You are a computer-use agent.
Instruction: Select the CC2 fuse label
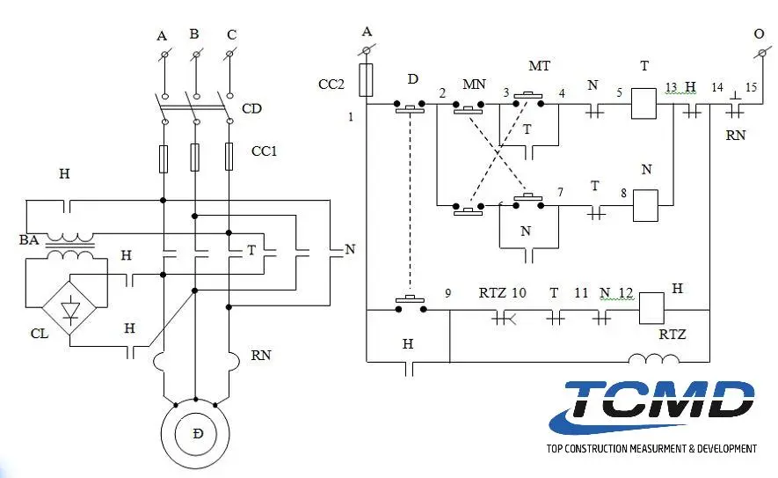(x=331, y=85)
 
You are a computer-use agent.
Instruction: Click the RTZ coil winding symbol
(x=654, y=359)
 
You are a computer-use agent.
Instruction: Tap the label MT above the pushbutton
(x=539, y=67)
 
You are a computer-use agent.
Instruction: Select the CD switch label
(x=251, y=110)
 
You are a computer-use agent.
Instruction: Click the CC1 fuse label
(x=264, y=151)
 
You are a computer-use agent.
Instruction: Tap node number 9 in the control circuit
(x=447, y=294)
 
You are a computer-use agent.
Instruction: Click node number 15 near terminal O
(x=750, y=87)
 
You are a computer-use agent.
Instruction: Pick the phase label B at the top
(x=193, y=34)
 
